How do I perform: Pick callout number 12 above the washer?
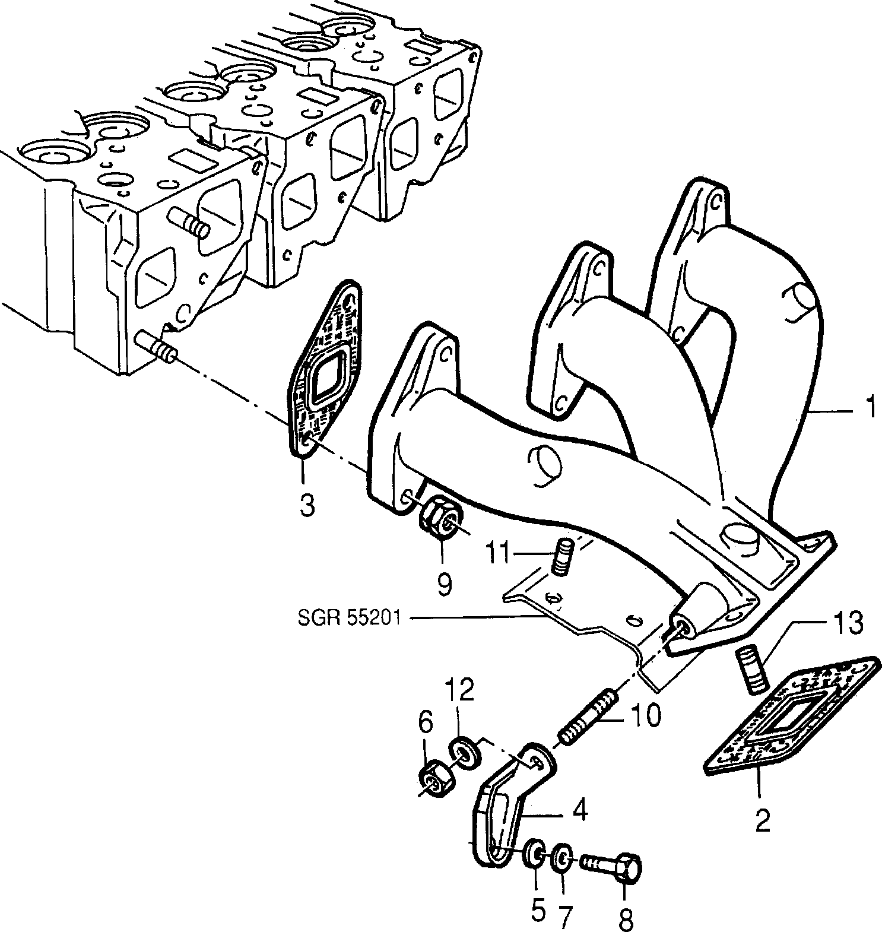[x=457, y=690]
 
